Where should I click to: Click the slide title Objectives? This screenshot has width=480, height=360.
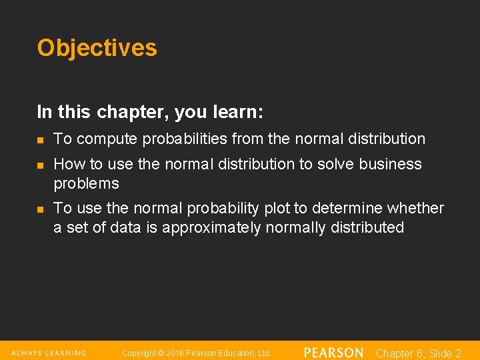click(x=97, y=48)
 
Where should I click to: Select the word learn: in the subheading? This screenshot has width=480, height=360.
click(x=238, y=112)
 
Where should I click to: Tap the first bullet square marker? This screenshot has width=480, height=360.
click(x=40, y=140)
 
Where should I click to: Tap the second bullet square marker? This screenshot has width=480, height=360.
click(x=40, y=165)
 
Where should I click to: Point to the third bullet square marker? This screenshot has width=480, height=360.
click(x=40, y=209)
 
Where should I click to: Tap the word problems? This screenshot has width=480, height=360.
click(x=86, y=183)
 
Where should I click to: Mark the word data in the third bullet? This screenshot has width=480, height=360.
click(x=127, y=228)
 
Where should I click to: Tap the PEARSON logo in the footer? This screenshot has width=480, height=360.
click(x=333, y=353)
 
